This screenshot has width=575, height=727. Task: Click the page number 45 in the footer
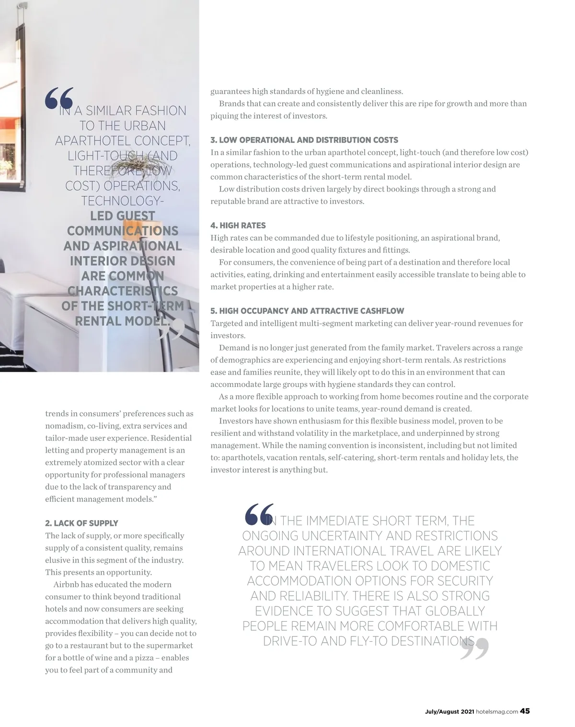525,711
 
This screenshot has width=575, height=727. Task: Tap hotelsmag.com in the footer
497,712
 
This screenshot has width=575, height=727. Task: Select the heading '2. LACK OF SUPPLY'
81,523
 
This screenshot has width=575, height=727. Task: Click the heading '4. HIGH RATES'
238,226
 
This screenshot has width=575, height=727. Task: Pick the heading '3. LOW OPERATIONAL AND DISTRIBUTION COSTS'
304,140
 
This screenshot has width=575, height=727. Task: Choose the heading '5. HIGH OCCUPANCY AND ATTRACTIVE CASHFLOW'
307,311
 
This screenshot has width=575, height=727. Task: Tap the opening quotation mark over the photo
59,98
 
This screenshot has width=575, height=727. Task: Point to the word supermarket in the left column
170,646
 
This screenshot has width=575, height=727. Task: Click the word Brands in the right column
232,103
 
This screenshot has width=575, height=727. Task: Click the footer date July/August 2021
449,712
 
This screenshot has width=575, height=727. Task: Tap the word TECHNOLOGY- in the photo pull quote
123,201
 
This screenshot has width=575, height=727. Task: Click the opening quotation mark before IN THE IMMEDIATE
259,514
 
